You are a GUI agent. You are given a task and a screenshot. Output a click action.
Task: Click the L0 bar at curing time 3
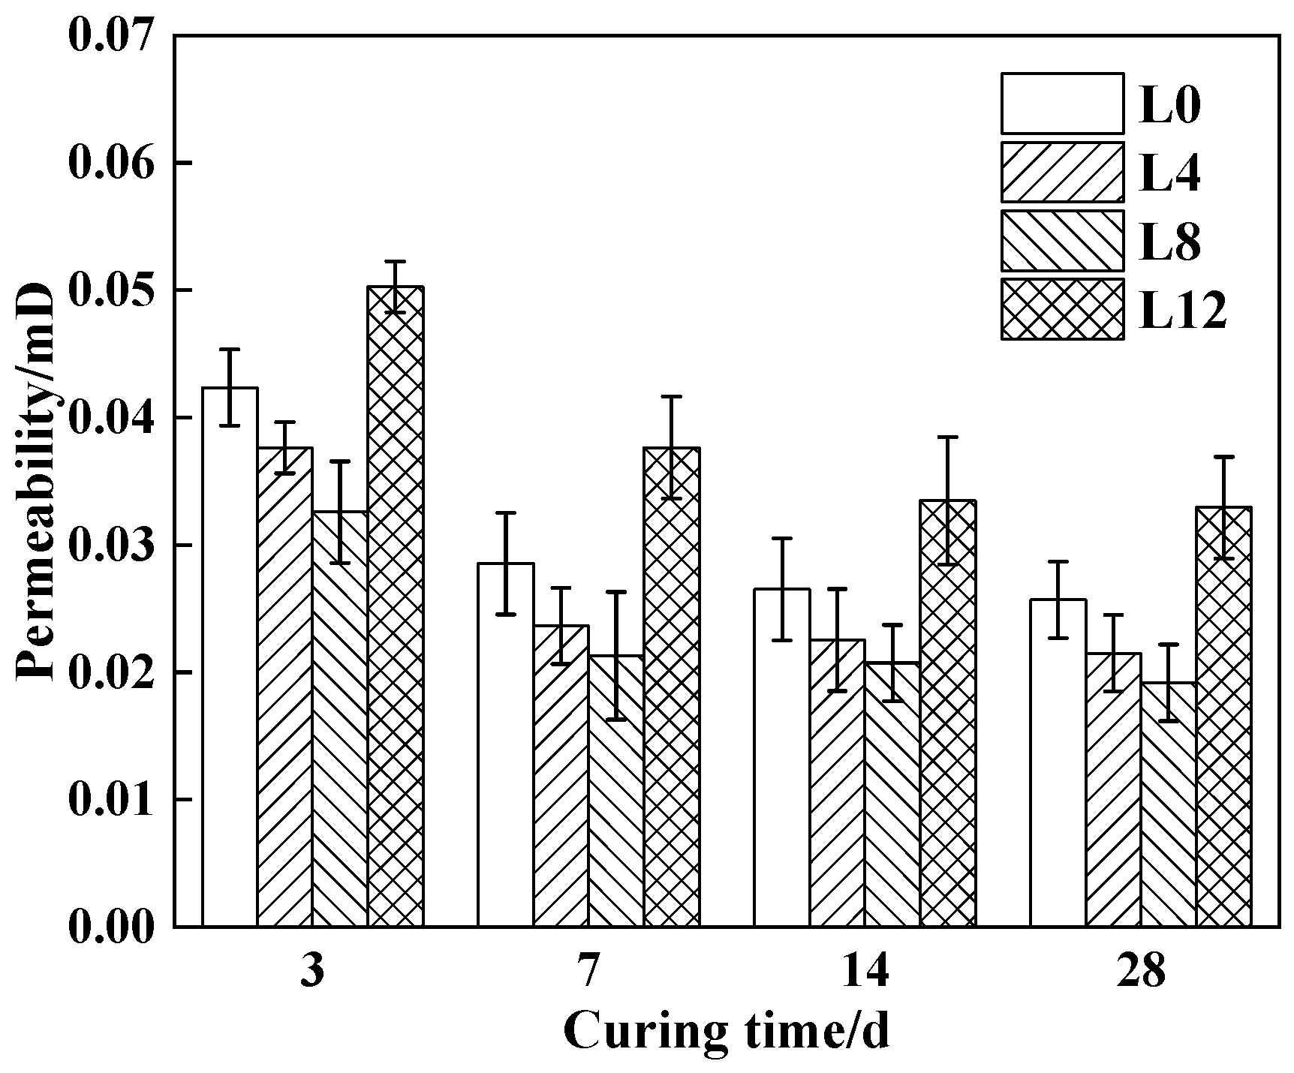[x=230, y=657]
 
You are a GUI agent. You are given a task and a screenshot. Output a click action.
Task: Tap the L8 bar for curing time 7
[x=616, y=791]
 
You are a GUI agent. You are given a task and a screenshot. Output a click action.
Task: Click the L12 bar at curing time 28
[x=1223, y=717]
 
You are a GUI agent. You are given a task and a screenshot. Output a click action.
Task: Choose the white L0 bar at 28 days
[x=1058, y=762]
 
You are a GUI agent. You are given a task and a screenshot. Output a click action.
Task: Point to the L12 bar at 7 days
[x=672, y=687]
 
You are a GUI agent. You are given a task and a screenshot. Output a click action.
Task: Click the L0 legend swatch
[x=1062, y=104]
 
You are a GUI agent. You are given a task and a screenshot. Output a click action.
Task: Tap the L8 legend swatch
[x=1062, y=241]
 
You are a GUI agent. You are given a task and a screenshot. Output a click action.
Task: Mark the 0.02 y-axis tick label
[x=111, y=672]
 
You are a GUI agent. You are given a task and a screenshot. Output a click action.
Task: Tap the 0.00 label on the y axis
[x=111, y=927]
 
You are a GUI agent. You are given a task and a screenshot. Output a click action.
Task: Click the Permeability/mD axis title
[x=36, y=481]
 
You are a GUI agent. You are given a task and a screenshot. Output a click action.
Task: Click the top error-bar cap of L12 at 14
[x=947, y=437]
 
